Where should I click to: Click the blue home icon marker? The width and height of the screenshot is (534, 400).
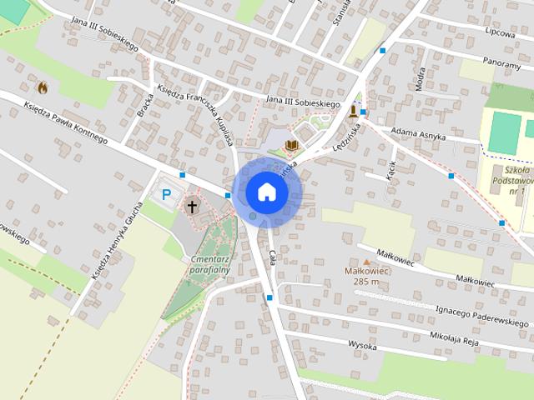coord(267,192)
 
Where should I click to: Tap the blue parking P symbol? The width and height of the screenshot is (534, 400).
coord(167,194)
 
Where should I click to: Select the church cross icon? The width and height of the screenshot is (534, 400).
coord(194,205)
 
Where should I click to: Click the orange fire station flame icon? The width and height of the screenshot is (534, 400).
coord(42,86)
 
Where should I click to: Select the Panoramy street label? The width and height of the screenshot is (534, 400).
coord(500,62)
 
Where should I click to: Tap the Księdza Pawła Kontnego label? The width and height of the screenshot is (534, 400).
coord(65,123)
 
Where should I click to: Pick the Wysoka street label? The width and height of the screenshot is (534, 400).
coord(362,343)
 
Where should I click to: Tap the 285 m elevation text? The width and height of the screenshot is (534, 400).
coord(366,282)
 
